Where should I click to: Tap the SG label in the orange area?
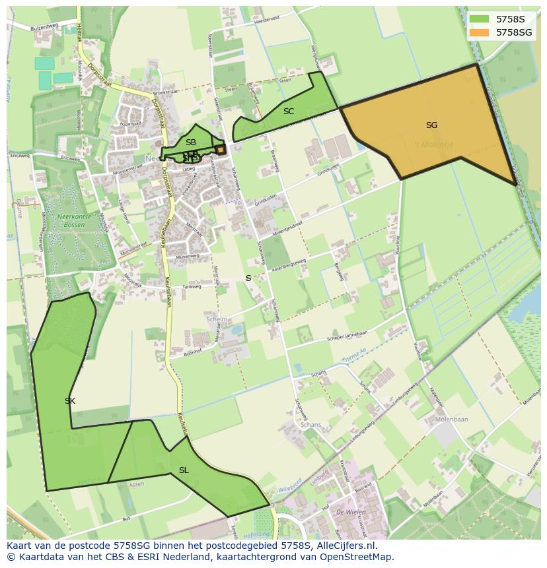coord(431,125)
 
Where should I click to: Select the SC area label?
coord(289,111)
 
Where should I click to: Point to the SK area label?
coord(70,400)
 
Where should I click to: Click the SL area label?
coord(184,470)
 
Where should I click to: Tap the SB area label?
coord(191,142)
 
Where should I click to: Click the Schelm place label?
coord(217,319)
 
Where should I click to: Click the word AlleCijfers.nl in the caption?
coord(348,546)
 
